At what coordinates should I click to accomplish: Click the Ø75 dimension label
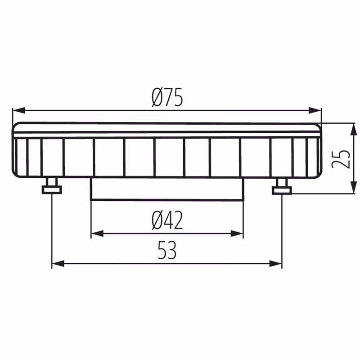tap(167, 97)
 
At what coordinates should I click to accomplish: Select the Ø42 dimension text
tap(167, 220)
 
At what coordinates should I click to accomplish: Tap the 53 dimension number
tap(167, 250)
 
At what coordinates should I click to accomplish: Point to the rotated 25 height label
tap(342, 159)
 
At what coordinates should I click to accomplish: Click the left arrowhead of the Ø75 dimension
tap(19, 110)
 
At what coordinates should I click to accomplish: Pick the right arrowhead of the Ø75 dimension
tap(315, 110)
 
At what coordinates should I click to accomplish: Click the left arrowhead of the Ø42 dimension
tap(97, 234)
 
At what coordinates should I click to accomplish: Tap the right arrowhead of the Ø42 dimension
tap(237, 234)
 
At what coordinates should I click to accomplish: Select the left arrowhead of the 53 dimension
tap(58, 264)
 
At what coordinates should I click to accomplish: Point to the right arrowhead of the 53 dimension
tap(275, 264)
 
